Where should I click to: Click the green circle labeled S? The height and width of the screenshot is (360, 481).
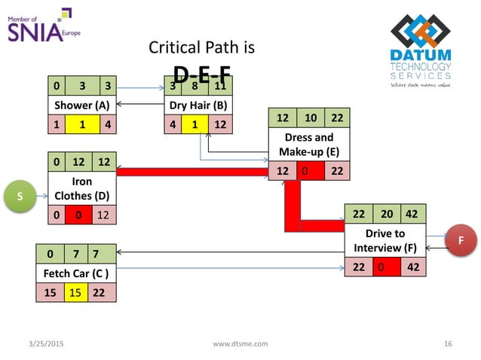(21, 197)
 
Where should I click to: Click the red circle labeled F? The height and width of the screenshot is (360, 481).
(461, 241)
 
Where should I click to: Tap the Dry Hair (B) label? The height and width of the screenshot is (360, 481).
(199, 105)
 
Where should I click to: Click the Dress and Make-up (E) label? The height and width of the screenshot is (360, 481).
(309, 144)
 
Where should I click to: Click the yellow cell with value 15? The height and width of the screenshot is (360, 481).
(75, 292)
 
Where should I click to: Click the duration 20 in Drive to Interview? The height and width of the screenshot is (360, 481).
(381, 215)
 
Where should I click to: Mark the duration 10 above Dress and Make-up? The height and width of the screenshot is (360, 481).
(310, 118)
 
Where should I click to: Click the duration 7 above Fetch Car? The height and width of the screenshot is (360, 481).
(75, 254)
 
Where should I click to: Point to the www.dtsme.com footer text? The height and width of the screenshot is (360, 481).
(240, 344)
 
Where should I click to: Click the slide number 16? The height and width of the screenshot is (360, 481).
(448, 344)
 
